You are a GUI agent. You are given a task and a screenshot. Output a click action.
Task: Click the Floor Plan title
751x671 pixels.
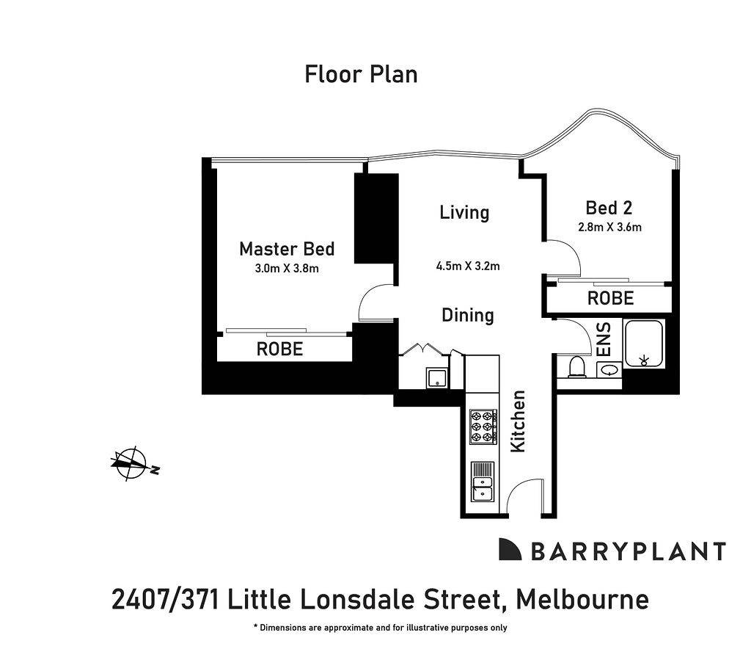361,74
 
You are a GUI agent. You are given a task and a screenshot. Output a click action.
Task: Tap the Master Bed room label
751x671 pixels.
287,249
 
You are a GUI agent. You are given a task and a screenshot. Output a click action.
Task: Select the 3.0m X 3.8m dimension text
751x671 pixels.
287,268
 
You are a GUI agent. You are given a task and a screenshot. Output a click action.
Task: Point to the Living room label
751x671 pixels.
464,213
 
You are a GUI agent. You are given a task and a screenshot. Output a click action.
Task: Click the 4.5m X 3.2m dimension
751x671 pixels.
468,266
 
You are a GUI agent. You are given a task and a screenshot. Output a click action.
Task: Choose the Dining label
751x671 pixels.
468,316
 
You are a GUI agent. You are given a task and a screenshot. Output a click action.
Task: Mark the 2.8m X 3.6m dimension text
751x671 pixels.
609,227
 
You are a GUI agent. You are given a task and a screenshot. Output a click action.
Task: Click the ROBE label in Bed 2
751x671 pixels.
611,298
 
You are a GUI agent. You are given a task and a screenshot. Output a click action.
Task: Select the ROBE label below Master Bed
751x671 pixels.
279,349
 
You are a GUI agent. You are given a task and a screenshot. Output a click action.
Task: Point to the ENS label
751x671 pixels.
606,339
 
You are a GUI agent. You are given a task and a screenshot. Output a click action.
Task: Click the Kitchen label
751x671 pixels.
519,421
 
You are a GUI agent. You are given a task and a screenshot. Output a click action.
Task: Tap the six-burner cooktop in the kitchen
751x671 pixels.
483,426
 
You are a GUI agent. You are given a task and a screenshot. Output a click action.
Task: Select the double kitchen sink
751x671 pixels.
483,482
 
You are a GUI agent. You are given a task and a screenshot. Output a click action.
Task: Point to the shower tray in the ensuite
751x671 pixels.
644,344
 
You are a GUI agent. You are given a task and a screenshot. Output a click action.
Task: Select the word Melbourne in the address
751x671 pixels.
582,599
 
